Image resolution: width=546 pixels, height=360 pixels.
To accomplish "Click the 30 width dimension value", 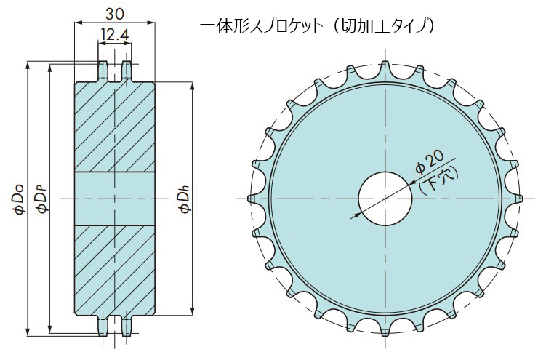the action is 115,14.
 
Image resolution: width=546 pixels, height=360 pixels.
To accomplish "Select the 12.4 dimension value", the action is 115,35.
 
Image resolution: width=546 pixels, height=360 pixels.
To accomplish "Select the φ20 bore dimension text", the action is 430,162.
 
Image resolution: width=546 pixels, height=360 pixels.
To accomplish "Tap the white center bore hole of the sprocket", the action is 385,199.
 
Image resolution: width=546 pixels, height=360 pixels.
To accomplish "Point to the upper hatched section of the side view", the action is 115,127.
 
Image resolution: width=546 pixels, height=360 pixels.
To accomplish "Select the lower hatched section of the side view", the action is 115,270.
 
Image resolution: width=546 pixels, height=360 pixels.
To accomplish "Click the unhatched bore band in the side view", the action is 115,199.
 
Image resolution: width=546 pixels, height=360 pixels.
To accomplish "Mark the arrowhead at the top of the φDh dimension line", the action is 192,86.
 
